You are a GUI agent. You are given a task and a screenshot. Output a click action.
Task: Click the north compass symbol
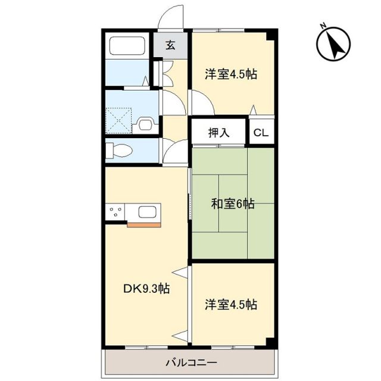click(x=332, y=45)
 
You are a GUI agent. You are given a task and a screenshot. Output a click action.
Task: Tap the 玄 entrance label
click(x=170, y=45)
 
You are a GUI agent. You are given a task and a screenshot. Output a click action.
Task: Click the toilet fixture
click(x=120, y=151)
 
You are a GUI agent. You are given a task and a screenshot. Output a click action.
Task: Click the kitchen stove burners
click(x=115, y=212)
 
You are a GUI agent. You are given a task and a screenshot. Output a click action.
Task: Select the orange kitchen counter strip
click(x=145, y=224)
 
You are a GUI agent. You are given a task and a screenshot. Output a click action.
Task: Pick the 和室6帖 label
click(x=232, y=204)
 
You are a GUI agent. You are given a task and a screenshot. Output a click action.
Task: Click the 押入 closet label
click(x=218, y=132)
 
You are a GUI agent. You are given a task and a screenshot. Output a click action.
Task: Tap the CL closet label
click(x=261, y=133)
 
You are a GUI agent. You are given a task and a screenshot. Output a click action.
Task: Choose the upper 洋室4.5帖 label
click(x=232, y=74)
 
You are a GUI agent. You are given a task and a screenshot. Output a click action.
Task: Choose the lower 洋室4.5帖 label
click(x=232, y=305)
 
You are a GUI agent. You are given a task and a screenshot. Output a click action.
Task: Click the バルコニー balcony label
click(x=190, y=362)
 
